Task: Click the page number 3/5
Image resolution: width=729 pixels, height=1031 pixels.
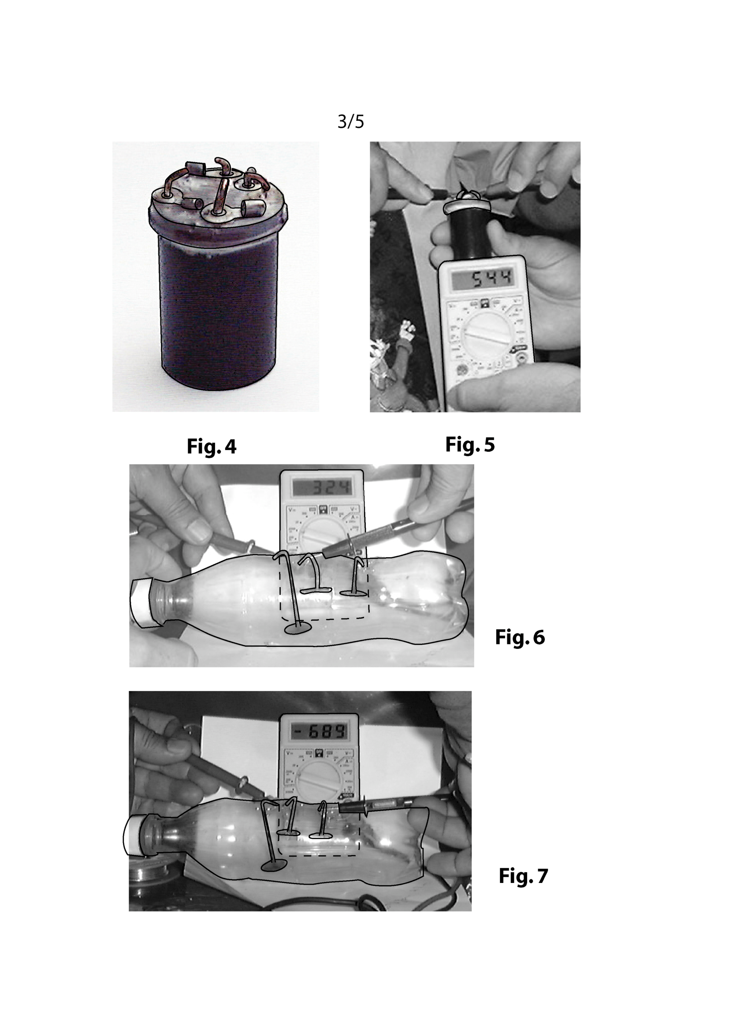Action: point(350,121)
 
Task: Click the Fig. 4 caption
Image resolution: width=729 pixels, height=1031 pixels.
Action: point(211,447)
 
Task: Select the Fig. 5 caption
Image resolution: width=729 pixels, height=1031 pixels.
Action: point(469,445)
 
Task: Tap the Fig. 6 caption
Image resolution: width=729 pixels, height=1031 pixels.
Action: point(519,637)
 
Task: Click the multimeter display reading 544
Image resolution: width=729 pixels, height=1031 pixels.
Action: point(483,279)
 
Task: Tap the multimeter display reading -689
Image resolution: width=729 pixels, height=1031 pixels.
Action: point(319,732)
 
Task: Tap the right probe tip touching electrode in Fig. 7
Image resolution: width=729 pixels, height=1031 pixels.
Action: point(345,808)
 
